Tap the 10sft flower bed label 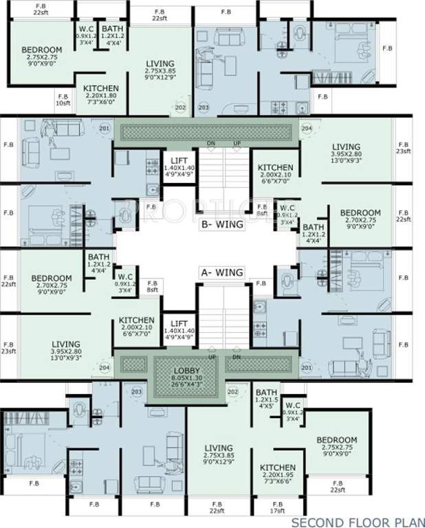pyautogui.click(x=63, y=103)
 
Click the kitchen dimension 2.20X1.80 pyautogui.click(x=101, y=96)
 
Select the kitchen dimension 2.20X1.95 pyautogui.click(x=278, y=476)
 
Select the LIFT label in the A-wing pyautogui.click(x=179, y=322)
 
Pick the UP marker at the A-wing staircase pyautogui.click(x=212, y=357)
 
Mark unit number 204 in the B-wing pyautogui.click(x=306, y=129)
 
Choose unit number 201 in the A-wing pyautogui.click(x=306, y=367)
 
